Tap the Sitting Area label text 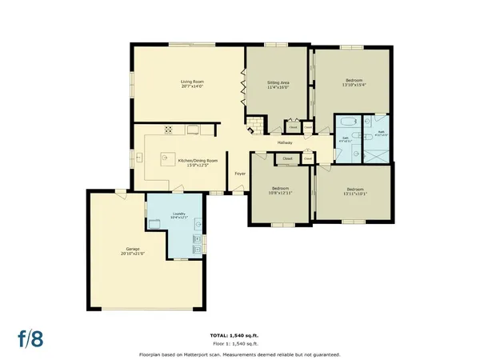pyautogui.click(x=278, y=83)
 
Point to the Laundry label pyautogui.click(x=179, y=215)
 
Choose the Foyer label pyautogui.click(x=239, y=174)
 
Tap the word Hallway pyautogui.click(x=285, y=142)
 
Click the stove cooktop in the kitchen pyautogui.click(x=170, y=130)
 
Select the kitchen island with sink pyautogui.click(x=170, y=157)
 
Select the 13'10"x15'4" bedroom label pyautogui.click(x=354, y=84)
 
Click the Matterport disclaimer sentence pyautogui.click(x=239, y=353)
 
